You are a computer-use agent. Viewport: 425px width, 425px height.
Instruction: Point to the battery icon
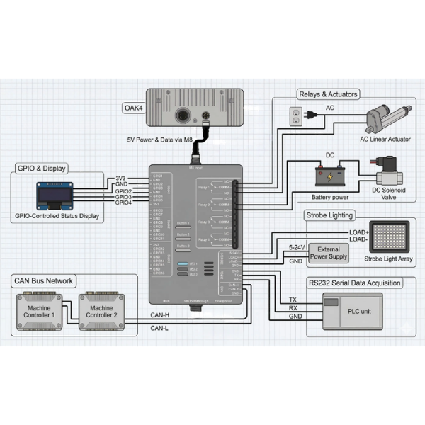tap(329, 176)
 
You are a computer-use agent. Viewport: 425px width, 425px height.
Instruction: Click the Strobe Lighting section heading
tap(329, 215)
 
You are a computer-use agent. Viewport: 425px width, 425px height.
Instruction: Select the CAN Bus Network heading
tap(43, 281)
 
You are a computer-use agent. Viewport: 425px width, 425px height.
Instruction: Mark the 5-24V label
tap(297, 247)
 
